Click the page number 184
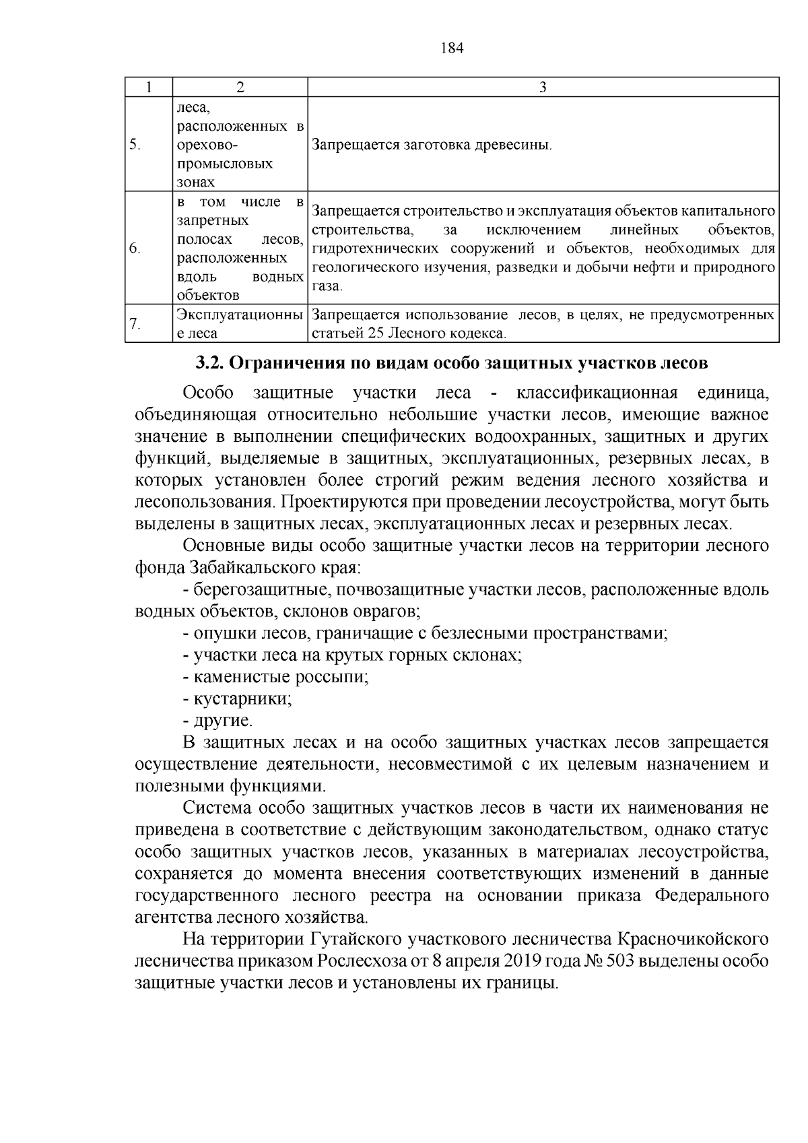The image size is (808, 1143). (x=452, y=48)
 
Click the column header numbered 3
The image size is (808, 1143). (x=543, y=88)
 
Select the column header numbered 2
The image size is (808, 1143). (x=240, y=88)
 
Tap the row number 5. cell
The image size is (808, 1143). (x=135, y=144)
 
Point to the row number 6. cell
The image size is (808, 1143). (x=135, y=249)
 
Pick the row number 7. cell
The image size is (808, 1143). (x=135, y=324)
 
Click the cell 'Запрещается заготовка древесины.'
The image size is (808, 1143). (x=432, y=144)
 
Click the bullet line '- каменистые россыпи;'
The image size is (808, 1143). (x=275, y=677)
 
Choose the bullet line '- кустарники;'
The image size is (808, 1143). (x=237, y=698)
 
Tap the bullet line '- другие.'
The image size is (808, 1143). (x=217, y=721)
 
